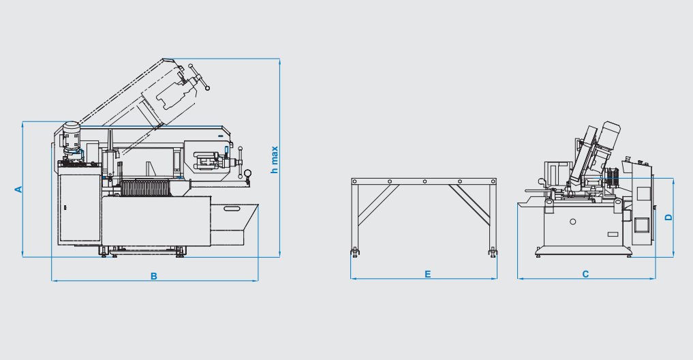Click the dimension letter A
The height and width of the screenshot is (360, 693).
(18, 190)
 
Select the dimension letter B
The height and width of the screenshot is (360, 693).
(154, 276)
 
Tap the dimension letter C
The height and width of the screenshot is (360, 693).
(585, 274)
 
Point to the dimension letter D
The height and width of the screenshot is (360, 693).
(668, 217)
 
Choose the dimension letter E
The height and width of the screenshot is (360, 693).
(428, 275)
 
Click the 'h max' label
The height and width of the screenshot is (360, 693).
(275, 160)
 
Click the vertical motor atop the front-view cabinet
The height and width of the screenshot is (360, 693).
(71, 138)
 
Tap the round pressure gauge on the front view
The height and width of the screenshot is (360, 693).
(247, 173)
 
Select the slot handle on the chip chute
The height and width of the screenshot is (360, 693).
(232, 209)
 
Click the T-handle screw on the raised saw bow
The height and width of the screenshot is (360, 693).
(199, 77)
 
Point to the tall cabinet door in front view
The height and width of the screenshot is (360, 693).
(80, 208)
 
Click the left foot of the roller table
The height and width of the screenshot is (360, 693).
(355, 252)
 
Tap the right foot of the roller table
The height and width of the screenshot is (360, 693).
(493, 252)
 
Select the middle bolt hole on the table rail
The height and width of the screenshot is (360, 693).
(425, 181)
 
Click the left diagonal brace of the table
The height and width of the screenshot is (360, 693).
(378, 205)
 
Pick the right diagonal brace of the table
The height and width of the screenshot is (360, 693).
(469, 205)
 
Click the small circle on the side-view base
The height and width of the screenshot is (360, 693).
(573, 222)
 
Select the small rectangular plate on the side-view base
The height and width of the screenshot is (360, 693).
(613, 234)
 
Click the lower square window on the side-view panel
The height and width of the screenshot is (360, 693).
(641, 225)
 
